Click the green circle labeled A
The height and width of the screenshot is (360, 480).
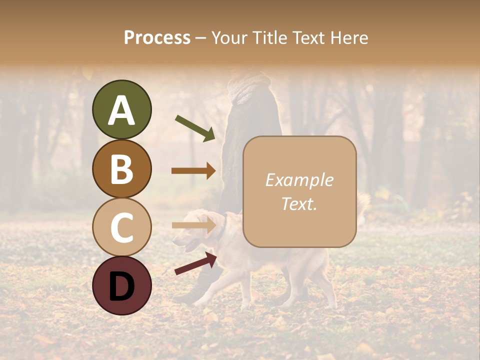(x=121, y=109)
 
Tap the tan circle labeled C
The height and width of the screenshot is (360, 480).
(x=121, y=227)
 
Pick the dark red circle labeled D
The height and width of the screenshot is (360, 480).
(x=121, y=285)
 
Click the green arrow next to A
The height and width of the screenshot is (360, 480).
(x=195, y=128)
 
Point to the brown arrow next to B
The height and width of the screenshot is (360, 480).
(x=193, y=170)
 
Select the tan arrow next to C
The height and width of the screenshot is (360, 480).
(x=193, y=225)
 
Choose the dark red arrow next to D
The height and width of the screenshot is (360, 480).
(x=195, y=263)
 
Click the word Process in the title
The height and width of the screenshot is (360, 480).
(x=157, y=37)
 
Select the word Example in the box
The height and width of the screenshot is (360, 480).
(x=299, y=180)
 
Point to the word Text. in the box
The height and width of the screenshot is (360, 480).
(x=299, y=203)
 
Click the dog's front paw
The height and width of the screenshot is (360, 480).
(x=200, y=302)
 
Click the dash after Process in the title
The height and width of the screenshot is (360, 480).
(x=201, y=38)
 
